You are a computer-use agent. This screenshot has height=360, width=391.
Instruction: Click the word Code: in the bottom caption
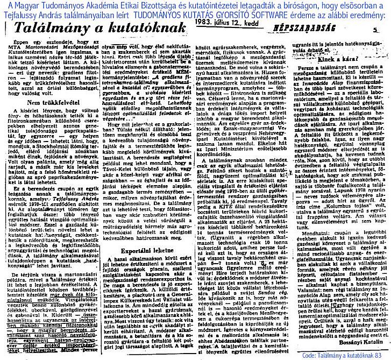click(x=308, y=355)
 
